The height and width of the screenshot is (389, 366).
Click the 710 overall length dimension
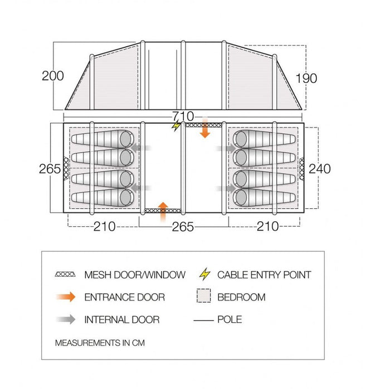pyautogui.click(x=183, y=116)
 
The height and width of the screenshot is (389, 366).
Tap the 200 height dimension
pyautogui.click(x=53, y=76)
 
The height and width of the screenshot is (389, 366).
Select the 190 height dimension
pyautogui.click(x=306, y=78)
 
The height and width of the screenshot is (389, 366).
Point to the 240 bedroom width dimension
pyautogui.click(x=320, y=169)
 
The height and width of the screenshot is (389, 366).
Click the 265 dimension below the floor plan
pyautogui.click(x=183, y=227)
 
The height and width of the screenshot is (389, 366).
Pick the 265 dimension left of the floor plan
pyautogui.click(x=50, y=169)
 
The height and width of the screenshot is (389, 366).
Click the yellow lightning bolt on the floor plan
pyautogui.click(x=176, y=126)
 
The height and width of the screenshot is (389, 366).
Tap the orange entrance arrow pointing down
pyautogui.click(x=205, y=128)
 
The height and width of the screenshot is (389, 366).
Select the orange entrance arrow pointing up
pyautogui.click(x=163, y=212)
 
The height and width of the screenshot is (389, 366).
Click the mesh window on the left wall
pyautogui.click(x=66, y=168)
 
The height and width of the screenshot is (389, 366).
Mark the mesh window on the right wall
pyautogui.click(x=301, y=169)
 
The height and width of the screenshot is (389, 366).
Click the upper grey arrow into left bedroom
pyautogui.click(x=141, y=148)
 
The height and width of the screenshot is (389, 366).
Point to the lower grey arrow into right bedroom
pyautogui.click(x=226, y=188)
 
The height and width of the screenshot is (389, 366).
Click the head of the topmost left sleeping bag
pyautogui.click(x=125, y=139)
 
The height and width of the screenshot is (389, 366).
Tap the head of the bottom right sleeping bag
pyautogui.click(x=241, y=198)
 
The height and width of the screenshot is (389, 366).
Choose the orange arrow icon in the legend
pyautogui.click(x=66, y=297)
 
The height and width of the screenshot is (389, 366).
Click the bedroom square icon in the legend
pyautogui.click(x=204, y=296)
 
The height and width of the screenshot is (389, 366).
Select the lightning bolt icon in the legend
pyautogui.click(x=204, y=274)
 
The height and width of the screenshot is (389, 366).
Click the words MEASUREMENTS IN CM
pyautogui.click(x=100, y=343)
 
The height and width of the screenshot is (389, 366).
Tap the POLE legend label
pyautogui.click(x=230, y=320)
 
